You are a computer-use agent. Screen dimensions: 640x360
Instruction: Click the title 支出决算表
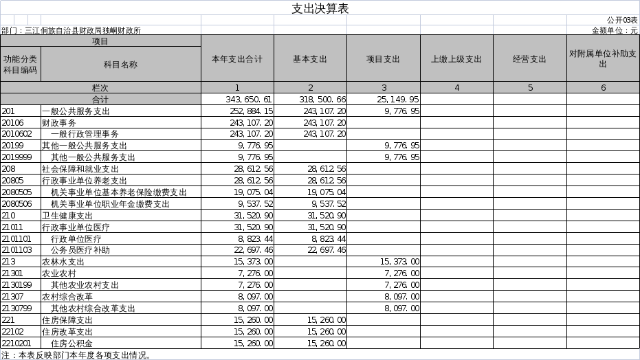320,8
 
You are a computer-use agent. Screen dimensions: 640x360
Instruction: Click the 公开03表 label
622,21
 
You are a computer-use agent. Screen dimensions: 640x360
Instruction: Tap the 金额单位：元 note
615,30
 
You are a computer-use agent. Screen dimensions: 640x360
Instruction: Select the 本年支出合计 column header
237,59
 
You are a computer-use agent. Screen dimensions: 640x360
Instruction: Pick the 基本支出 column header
310,59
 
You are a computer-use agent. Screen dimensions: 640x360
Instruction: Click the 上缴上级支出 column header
456,59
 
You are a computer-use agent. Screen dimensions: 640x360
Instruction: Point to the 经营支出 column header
530,59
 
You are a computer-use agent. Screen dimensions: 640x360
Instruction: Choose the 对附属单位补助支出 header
603,58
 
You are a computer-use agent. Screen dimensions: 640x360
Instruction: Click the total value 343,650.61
249,99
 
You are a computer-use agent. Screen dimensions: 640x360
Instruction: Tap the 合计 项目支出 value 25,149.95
398,99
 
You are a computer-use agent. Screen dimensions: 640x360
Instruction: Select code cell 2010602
16,134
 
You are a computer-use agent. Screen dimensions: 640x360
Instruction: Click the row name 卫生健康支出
67,215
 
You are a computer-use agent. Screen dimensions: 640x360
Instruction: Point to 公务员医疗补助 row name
80,250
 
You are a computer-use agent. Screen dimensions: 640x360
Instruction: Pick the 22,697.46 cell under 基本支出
327,250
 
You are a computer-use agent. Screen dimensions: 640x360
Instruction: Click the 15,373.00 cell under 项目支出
400,262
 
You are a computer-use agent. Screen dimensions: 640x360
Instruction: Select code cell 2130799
16,308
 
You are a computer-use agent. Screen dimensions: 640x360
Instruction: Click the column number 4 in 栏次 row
456,88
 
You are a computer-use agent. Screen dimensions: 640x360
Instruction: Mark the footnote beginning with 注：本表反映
76,355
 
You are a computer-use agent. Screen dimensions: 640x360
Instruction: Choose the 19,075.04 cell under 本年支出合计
254,192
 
